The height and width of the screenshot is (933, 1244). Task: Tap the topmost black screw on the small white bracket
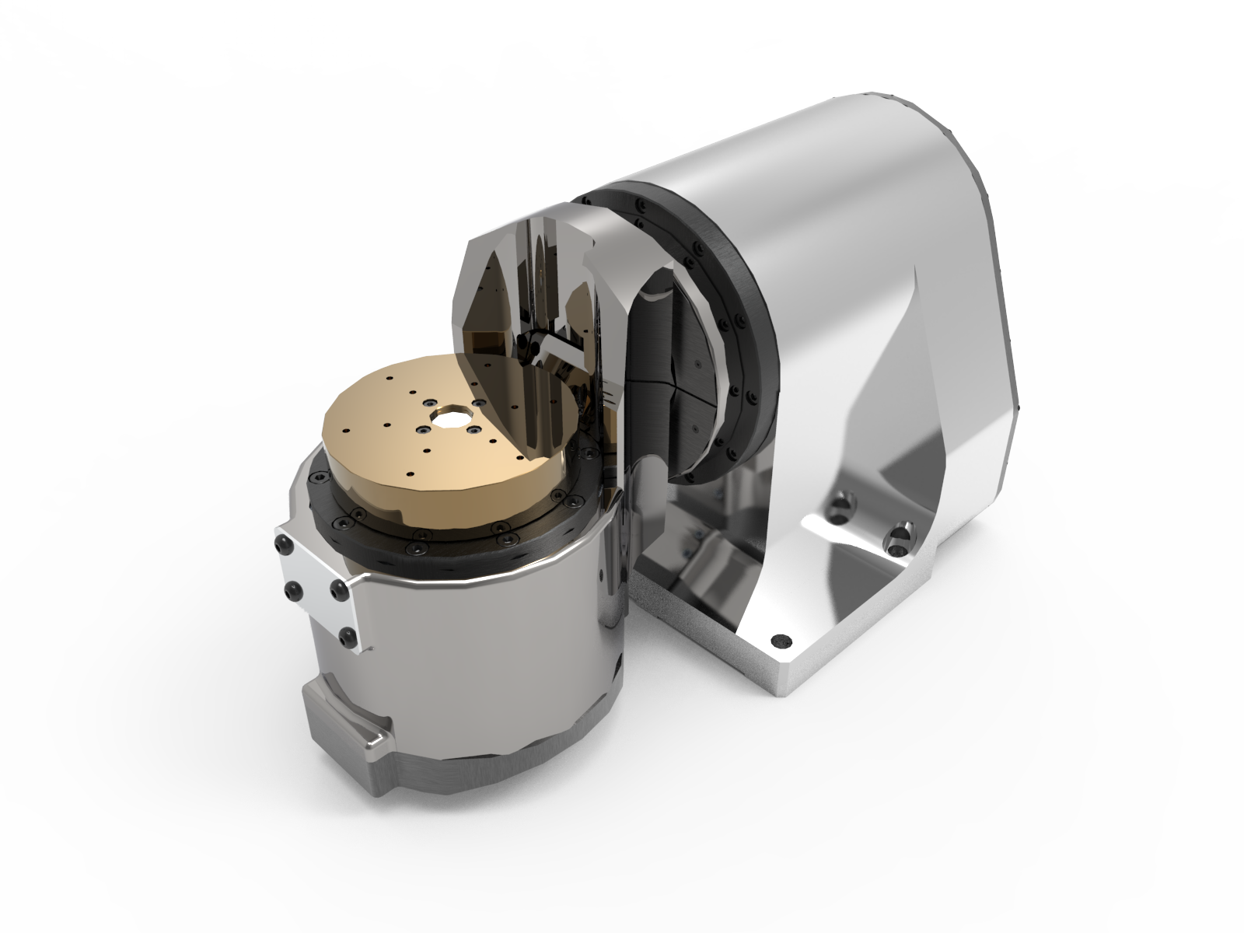(x=283, y=547)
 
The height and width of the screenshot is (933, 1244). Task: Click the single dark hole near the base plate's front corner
(x=777, y=642)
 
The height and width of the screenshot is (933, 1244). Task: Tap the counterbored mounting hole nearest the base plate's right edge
(x=900, y=536)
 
